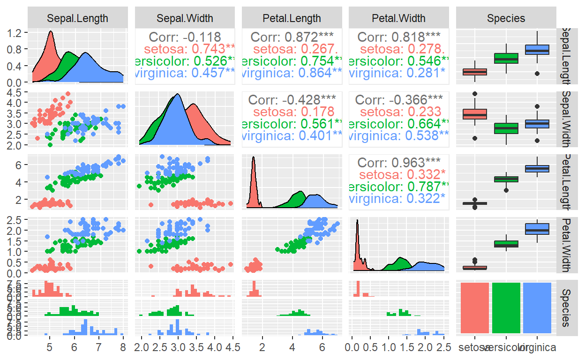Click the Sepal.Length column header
[x=77, y=19]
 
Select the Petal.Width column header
[x=398, y=19]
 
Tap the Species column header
[x=506, y=19]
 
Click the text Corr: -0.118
[x=184, y=37]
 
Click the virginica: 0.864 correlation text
[x=293, y=73]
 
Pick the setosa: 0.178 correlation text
[x=293, y=112]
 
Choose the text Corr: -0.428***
[x=292, y=100]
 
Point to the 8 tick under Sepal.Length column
[x=122, y=347]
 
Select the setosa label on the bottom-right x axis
[x=474, y=347]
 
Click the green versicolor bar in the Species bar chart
[x=506, y=307]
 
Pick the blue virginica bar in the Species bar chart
[x=537, y=307]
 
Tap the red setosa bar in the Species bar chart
[x=475, y=307]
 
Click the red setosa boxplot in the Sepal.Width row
[x=475, y=114]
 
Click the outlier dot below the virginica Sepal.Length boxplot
[x=537, y=74]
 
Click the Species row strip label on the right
[x=566, y=307]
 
